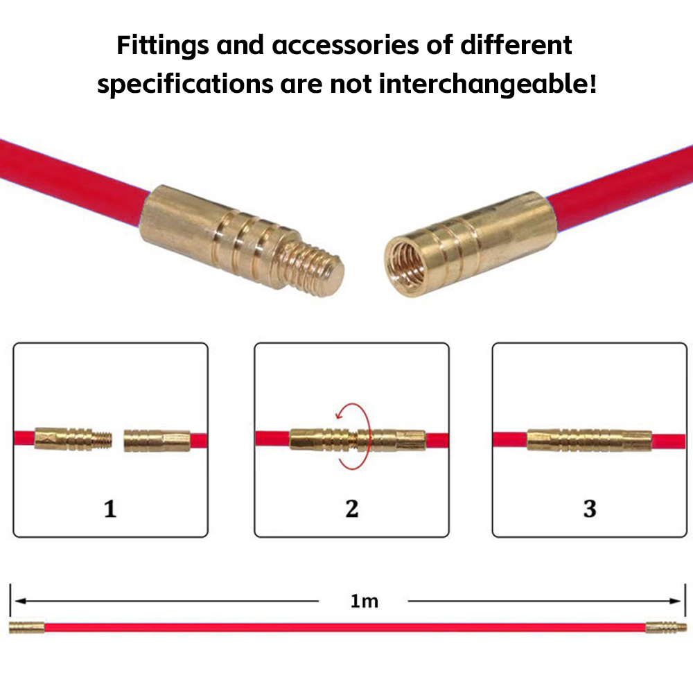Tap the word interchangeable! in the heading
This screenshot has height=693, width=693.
point(488,84)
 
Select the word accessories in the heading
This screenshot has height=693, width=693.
point(345,45)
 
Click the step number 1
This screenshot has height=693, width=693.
point(110,509)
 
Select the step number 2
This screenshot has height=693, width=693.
point(352,509)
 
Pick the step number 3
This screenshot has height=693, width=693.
point(590,509)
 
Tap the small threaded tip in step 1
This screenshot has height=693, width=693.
point(102,440)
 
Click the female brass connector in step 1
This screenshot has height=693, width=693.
point(157,441)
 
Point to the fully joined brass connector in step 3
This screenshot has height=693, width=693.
point(589,440)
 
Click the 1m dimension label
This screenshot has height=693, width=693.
point(365,601)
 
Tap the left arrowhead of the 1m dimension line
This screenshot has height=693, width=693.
point(21,601)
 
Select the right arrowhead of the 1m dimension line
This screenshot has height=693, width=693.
point(675,601)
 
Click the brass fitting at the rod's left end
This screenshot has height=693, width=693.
point(27,628)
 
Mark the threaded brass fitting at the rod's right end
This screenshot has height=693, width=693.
point(666,628)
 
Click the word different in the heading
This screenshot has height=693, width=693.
point(516,45)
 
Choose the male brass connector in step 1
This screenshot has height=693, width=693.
point(73,440)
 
